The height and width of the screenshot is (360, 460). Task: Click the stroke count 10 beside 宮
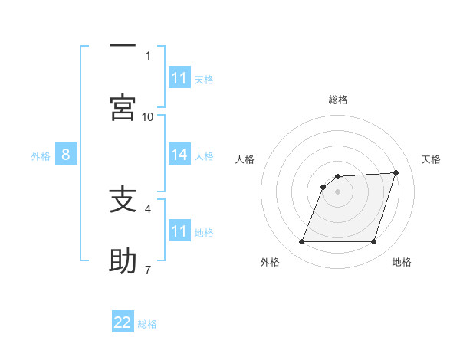coord(148,116)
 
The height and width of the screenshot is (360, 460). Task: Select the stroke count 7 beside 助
coord(148,270)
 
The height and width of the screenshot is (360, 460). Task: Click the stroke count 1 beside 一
coord(148,55)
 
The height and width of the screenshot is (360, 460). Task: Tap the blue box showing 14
coord(179,155)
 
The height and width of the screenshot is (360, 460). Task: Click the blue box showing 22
coord(123,322)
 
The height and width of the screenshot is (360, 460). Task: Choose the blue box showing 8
coord(66,155)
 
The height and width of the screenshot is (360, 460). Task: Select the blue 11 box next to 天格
coord(179,78)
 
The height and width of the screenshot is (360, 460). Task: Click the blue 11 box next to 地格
coord(179,231)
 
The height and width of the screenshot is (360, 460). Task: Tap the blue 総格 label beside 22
coord(147,323)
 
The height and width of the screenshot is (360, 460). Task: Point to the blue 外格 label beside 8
coord(41,155)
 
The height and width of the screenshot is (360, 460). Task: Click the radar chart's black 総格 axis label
coord(338,100)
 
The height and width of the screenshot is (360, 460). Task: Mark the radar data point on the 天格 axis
coord(396,173)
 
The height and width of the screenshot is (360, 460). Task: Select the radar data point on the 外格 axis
coord(302,242)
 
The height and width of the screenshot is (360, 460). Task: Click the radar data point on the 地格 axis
coord(374,242)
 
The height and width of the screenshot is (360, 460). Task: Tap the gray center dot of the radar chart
coord(338,191)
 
